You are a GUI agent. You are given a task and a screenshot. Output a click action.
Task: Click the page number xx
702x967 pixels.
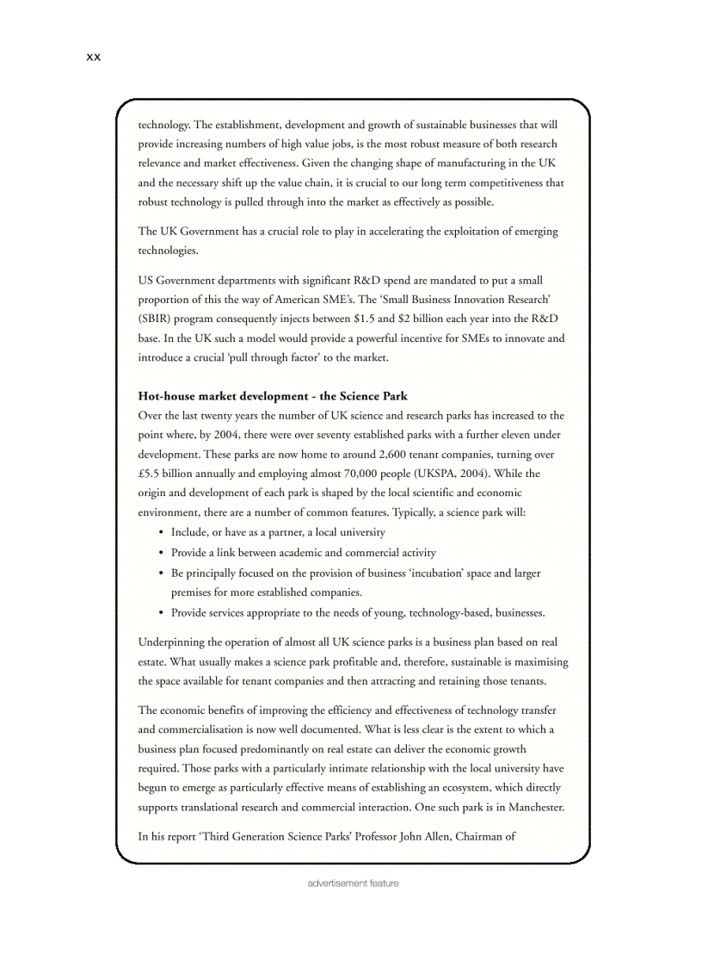(94, 57)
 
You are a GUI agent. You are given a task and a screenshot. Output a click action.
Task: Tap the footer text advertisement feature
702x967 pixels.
(353, 883)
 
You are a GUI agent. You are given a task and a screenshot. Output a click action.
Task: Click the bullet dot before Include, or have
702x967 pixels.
(161, 533)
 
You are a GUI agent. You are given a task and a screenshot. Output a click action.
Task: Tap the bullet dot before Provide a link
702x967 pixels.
(161, 553)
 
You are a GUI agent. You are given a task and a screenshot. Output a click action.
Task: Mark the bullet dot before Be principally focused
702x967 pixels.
(161, 573)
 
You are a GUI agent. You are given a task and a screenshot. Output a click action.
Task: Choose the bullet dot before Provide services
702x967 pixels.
(161, 613)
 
